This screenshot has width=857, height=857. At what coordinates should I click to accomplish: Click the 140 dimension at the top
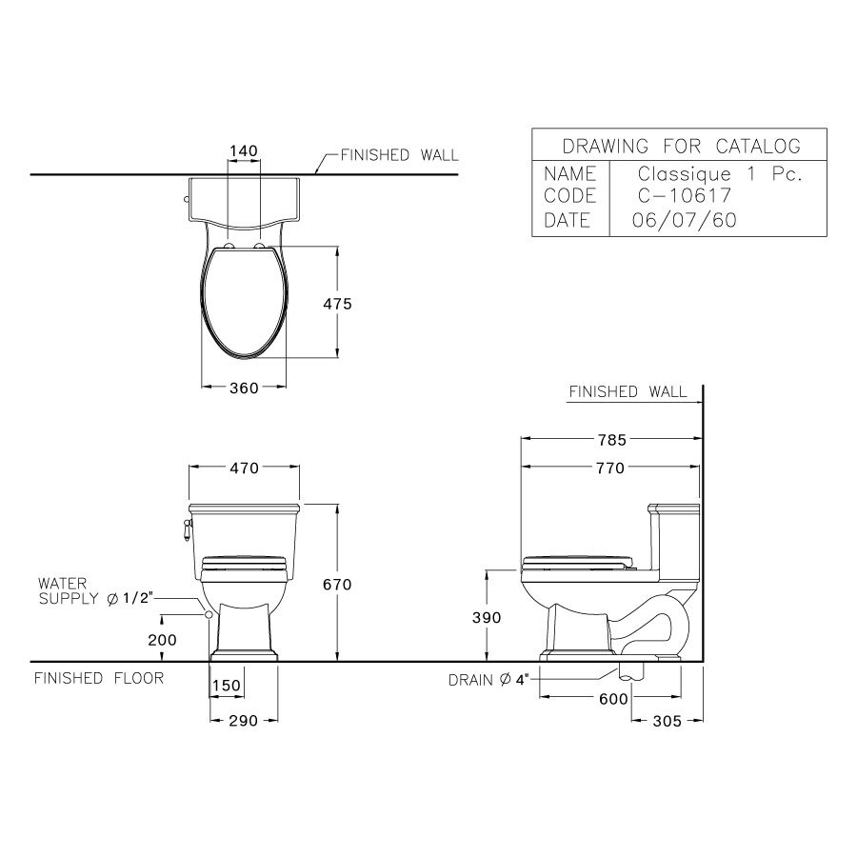tap(244, 151)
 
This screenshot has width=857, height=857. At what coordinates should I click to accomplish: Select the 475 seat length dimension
tap(338, 304)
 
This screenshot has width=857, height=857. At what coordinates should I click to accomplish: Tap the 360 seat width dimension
tap(244, 388)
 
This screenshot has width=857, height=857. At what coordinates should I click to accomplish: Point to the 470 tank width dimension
tap(246, 468)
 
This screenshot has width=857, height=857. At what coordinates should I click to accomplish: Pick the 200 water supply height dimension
tap(163, 640)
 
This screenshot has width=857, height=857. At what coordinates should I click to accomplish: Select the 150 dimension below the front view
tap(227, 687)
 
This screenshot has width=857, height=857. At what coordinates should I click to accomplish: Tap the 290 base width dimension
tap(244, 721)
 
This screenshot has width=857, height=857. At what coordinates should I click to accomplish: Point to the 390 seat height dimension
tap(487, 617)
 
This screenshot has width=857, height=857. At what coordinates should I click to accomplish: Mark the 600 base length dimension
tap(614, 698)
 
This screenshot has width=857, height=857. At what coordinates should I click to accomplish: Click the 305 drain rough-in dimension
tap(668, 721)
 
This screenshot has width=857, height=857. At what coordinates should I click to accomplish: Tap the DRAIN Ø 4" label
tap(494, 680)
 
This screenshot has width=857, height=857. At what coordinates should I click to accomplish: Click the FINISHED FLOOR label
tap(99, 678)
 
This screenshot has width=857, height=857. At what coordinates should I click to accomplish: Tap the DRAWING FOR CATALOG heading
tap(681, 146)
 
